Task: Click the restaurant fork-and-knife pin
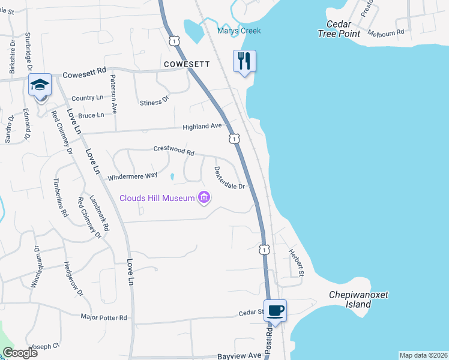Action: [244, 61]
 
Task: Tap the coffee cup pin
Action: [276, 311]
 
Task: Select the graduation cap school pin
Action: [40, 85]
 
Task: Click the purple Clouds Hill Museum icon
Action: [204, 197]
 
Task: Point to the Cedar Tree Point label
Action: [343, 29]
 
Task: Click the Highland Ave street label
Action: [203, 126]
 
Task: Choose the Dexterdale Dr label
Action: [229, 178]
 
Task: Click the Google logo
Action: [20, 352]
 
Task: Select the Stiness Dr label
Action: [154, 103]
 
